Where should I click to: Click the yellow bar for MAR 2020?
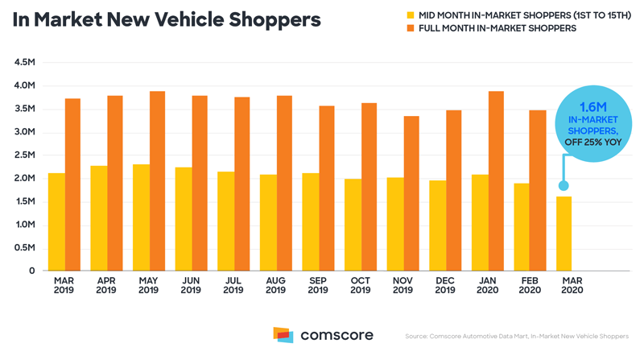564,234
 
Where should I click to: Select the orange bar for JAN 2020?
496,181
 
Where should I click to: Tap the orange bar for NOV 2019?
411,193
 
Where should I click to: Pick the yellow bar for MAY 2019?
142,217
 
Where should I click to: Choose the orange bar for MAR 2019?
72,185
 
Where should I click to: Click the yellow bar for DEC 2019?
438,226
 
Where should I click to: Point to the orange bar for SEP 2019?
327,188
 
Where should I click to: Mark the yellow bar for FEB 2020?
522,227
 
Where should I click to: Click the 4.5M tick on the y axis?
25,63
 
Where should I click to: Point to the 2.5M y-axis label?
25,155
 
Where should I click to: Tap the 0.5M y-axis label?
25,248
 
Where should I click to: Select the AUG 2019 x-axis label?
275,285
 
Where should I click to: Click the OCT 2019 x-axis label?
360,285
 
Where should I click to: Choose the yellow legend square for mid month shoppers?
411,15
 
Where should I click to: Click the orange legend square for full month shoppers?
411,28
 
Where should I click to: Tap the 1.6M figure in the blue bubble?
593,107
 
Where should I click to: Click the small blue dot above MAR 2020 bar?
563,186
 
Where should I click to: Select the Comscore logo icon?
283,335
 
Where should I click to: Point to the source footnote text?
517,336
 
